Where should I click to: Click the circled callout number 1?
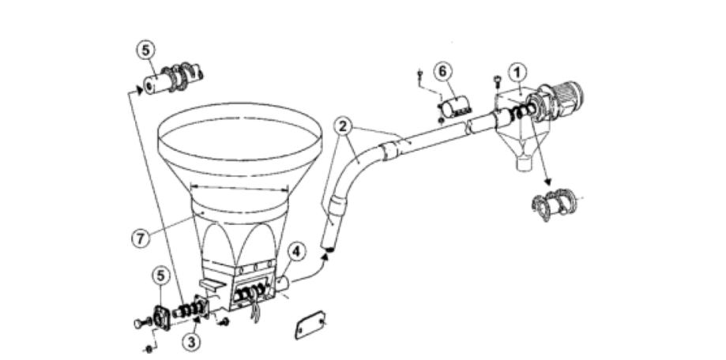click(x=517, y=73)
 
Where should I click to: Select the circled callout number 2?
click(x=344, y=126)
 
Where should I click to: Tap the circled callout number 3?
click(x=191, y=343)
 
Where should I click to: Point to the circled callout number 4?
click(x=296, y=253)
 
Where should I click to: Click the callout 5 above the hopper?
click(x=146, y=51)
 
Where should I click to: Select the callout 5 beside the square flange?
click(x=160, y=276)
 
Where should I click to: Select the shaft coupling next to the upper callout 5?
click(x=173, y=77)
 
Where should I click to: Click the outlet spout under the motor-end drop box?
click(x=523, y=162)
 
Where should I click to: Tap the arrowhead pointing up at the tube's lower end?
click(x=328, y=256)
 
